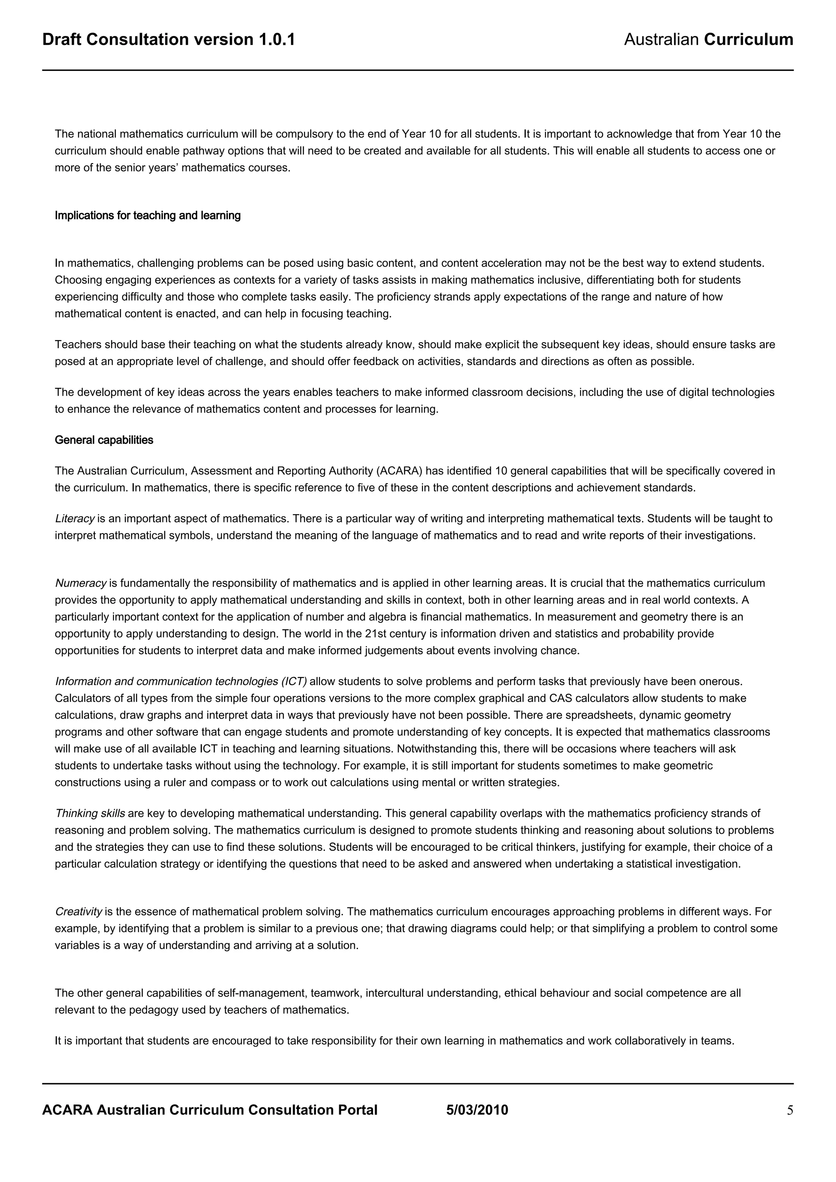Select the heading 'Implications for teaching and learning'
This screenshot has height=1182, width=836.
pyautogui.click(x=148, y=216)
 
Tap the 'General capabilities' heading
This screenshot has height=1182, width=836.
pyautogui.click(x=104, y=440)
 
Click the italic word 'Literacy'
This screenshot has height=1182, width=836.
pyautogui.click(x=75, y=518)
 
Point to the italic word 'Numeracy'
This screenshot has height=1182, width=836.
pyautogui.click(x=80, y=583)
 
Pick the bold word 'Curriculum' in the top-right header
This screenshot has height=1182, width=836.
pyautogui.click(x=748, y=40)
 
